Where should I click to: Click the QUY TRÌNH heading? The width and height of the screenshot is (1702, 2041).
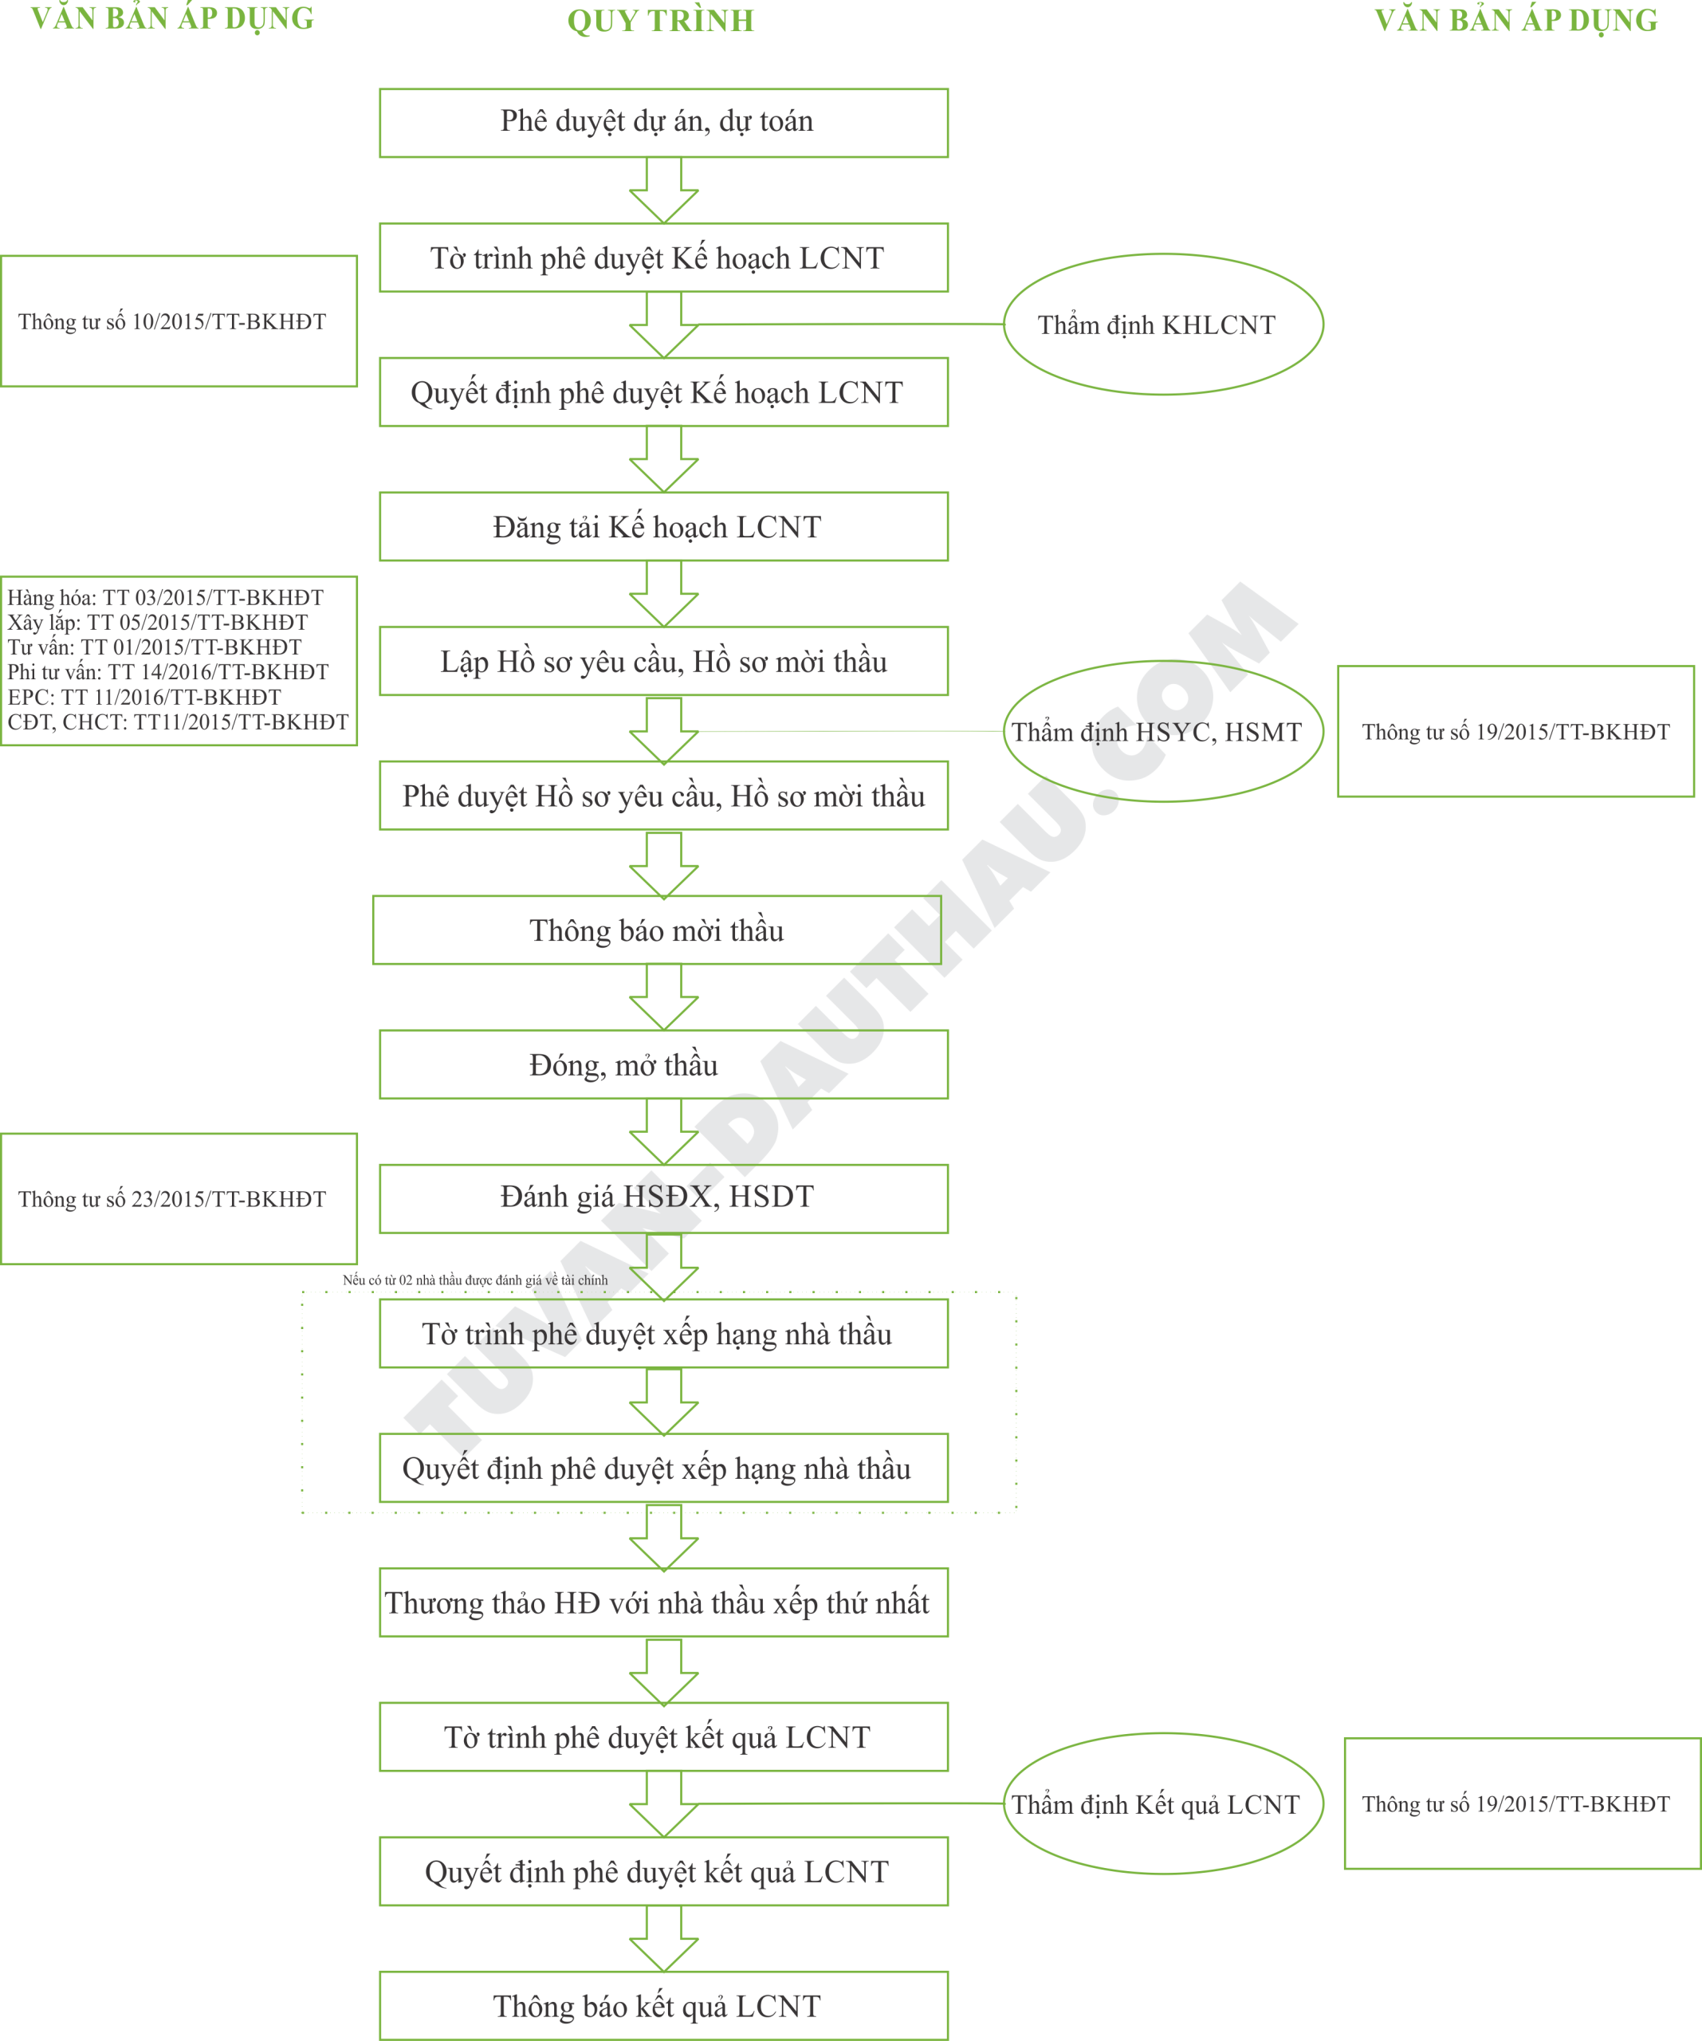point(660,21)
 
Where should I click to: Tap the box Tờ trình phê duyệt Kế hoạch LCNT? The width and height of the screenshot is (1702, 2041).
point(663,258)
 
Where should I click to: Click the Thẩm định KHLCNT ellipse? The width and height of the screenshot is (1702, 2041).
point(1162,324)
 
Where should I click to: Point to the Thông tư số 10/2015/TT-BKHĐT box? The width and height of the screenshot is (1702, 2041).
point(179,322)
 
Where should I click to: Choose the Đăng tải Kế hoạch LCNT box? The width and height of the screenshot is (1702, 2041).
point(663,527)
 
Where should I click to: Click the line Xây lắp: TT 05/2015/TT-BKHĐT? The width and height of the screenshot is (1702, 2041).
point(158,622)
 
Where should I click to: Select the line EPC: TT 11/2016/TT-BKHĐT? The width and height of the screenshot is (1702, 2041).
point(143,697)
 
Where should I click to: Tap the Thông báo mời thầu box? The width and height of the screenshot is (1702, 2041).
point(656,930)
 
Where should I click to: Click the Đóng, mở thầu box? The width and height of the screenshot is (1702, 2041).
point(663,1065)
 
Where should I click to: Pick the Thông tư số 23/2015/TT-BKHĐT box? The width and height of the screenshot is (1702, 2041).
point(179,1199)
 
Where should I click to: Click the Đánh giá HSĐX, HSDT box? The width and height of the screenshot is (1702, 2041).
point(663,1198)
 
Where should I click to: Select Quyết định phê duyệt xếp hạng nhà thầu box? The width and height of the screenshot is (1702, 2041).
point(663,1468)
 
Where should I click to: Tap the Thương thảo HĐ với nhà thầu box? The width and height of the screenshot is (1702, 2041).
point(663,1602)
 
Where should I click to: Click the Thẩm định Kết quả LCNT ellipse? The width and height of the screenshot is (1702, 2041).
point(1162,1805)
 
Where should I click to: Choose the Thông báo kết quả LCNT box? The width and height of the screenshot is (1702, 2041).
point(663,2006)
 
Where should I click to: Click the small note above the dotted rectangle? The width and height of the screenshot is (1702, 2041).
point(474,1280)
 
